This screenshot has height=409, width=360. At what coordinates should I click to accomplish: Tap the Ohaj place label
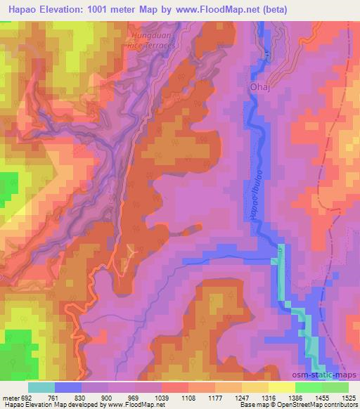[260, 87]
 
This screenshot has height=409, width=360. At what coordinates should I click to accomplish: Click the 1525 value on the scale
[348, 398]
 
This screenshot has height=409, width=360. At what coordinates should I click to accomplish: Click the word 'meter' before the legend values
[11, 398]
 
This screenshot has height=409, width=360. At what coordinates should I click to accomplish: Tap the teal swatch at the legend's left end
[41, 387]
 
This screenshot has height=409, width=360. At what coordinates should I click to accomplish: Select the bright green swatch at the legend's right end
[335, 387]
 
